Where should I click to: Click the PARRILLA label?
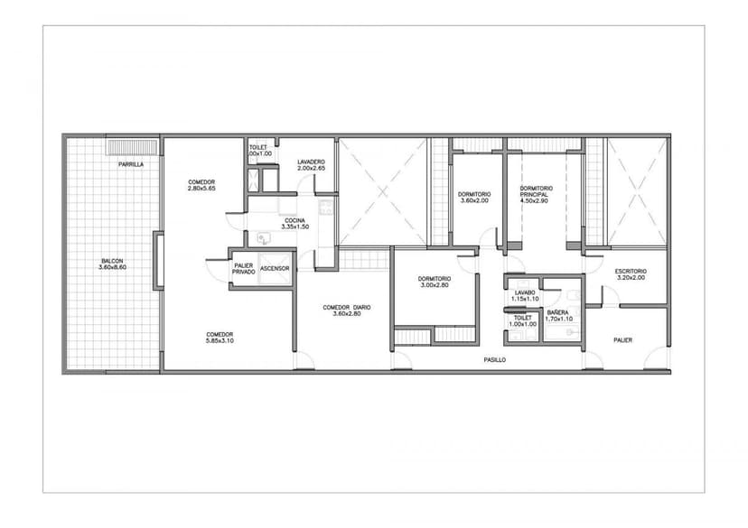tap(131, 164)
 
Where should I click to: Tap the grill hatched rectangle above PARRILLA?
tap(132, 147)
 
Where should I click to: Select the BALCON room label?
tap(112, 261)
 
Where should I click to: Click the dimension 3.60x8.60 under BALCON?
tap(112, 267)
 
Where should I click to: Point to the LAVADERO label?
tap(311, 162)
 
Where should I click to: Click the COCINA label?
tap(295, 220)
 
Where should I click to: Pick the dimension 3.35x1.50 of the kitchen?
tap(295, 227)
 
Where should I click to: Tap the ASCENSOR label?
tap(275, 269)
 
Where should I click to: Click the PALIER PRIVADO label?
tap(244, 269)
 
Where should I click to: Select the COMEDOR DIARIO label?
tap(347, 308)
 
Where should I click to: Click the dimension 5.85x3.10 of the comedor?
tap(220, 341)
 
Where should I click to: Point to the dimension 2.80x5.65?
tap(201, 189)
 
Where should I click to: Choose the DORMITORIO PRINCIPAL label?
tap(537, 191)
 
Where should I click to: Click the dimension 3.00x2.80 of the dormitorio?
tap(435, 285)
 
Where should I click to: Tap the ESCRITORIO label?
tap(631, 271)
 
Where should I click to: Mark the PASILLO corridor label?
tap(495, 360)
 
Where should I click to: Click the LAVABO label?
tap(525, 292)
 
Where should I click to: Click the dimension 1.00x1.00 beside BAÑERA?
tap(523, 324)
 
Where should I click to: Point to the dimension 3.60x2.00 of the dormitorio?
tap(474, 200)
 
